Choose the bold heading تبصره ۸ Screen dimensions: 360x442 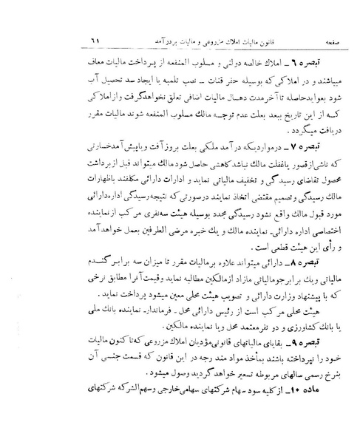point(319,282)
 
